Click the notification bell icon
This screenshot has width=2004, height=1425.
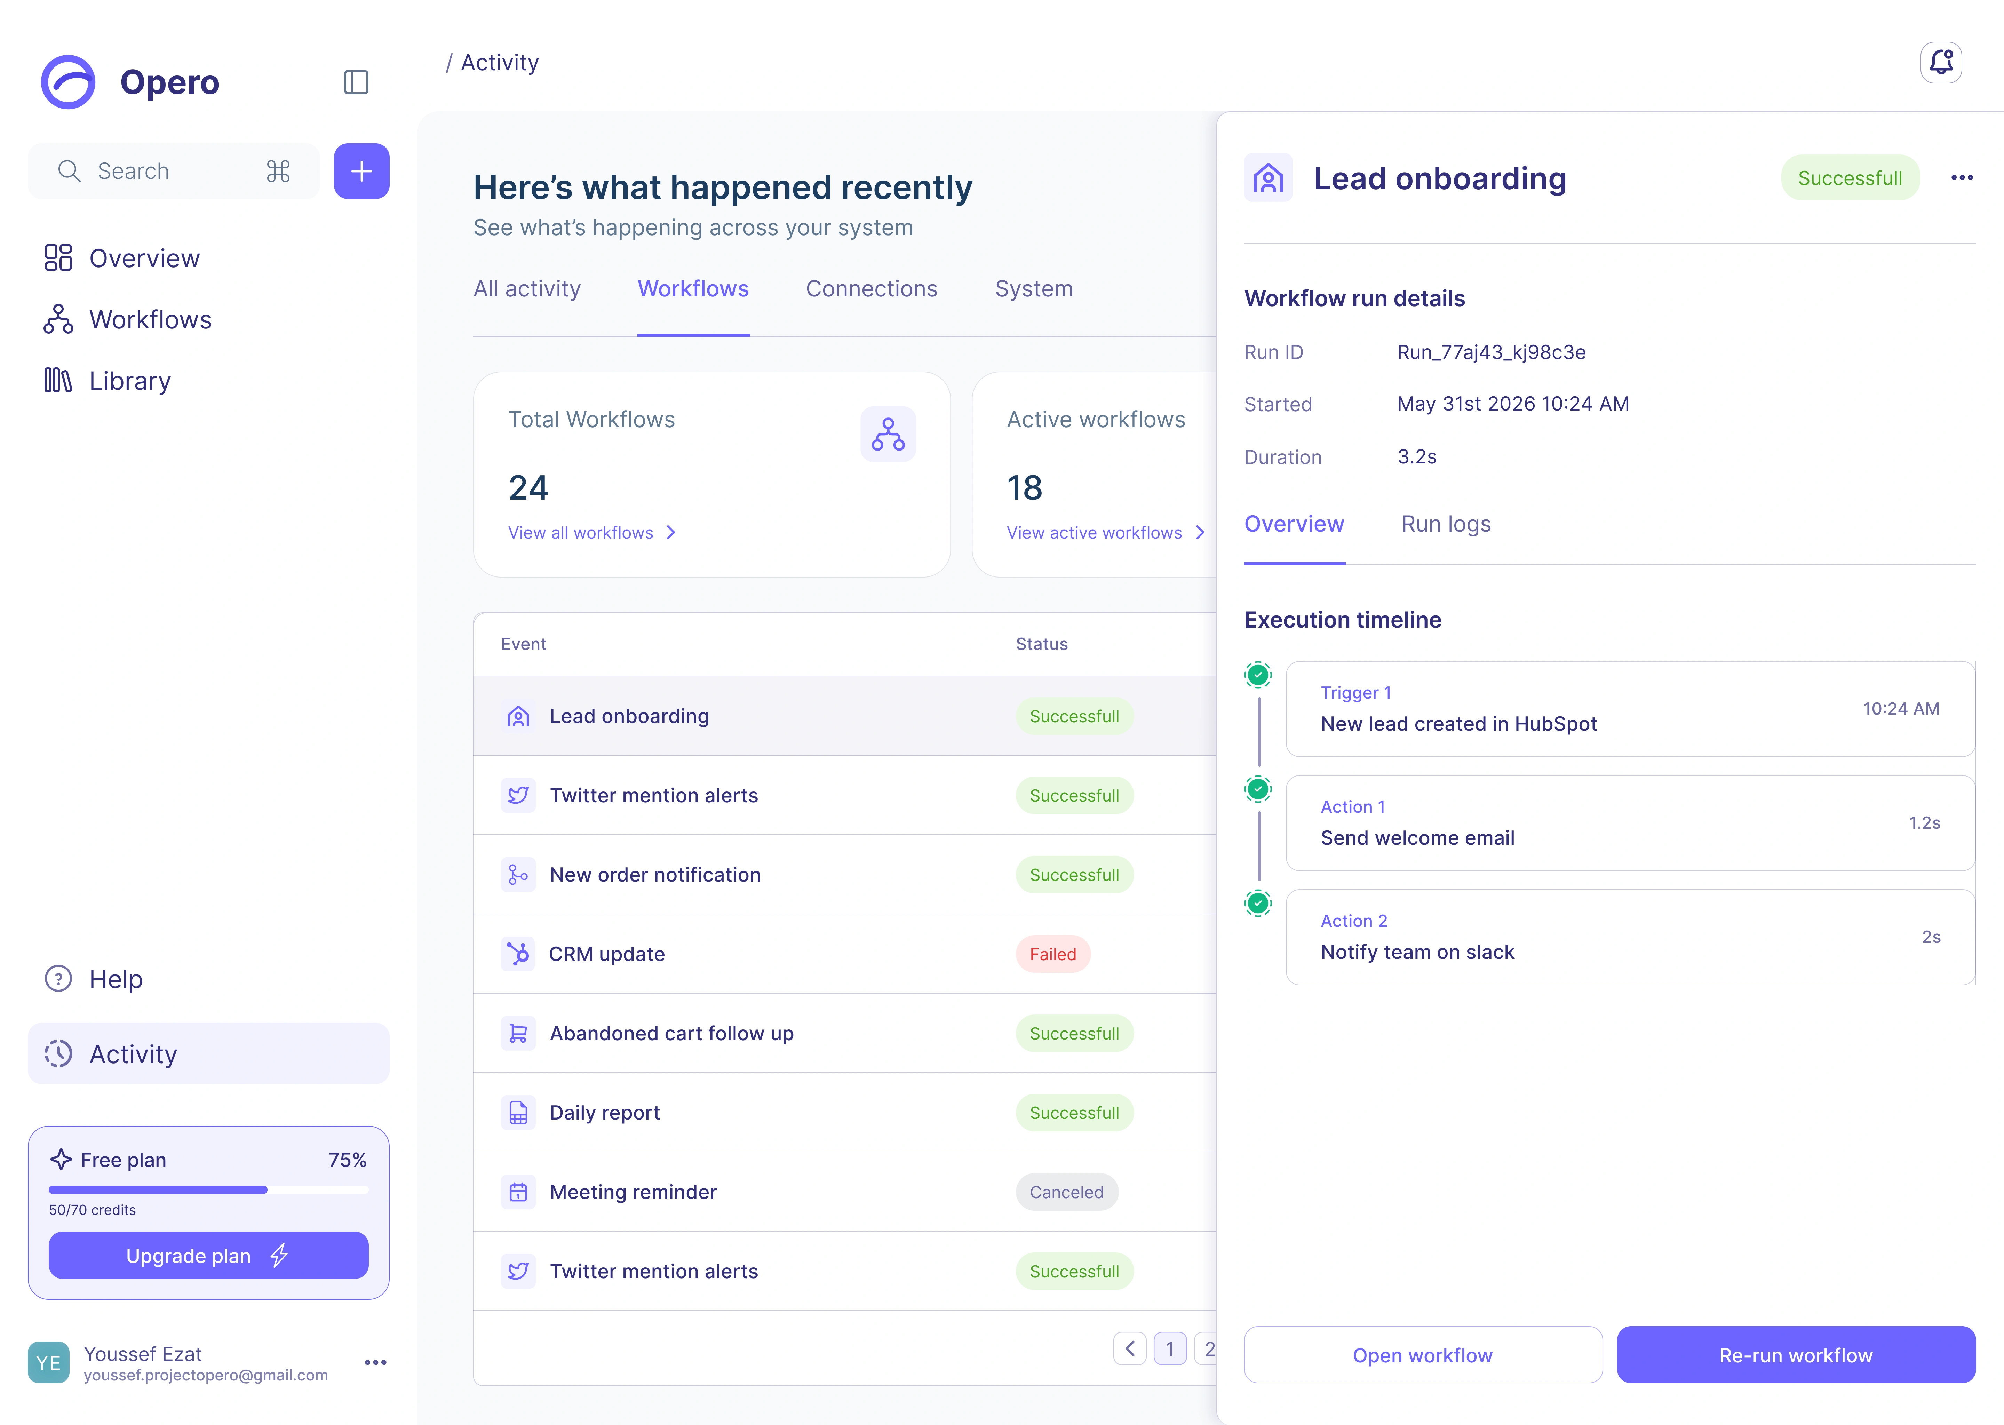coord(1941,62)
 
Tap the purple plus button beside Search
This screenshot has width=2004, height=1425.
coord(361,171)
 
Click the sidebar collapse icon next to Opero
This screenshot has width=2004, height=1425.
coord(355,82)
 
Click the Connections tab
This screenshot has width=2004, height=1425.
coord(871,289)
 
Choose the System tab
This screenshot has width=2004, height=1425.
coord(1034,289)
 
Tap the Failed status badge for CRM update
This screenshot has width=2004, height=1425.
coord(1053,954)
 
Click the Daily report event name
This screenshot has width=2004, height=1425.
coord(605,1113)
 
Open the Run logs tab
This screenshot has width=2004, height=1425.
coord(1446,524)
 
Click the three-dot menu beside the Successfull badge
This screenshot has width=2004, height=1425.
coord(1962,178)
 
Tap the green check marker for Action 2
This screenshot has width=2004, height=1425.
coord(1258,903)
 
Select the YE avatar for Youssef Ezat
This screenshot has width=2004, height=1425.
coord(48,1363)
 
